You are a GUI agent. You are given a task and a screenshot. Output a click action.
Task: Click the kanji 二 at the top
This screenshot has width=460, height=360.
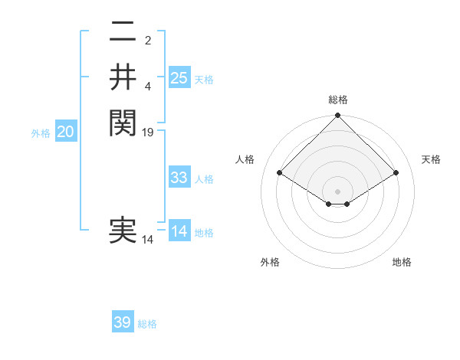point(123,32)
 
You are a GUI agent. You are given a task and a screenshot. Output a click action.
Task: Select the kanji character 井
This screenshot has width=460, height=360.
point(123,77)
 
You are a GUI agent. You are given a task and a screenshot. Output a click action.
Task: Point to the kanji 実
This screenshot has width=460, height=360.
point(123,231)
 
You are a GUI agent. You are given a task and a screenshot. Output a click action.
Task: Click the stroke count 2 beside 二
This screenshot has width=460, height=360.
point(148,41)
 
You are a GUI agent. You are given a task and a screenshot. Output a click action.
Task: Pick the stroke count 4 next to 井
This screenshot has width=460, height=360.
point(148,86)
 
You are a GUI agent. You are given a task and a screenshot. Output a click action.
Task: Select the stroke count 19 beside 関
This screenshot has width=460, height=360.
point(149,132)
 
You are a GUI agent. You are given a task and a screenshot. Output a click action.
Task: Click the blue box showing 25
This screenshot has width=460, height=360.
point(179,78)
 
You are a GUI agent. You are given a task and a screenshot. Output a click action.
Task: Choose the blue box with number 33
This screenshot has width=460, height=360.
point(179,178)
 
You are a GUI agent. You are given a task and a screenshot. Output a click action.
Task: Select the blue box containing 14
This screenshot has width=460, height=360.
point(179,231)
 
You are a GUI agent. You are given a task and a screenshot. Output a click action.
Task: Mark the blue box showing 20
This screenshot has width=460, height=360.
point(65,132)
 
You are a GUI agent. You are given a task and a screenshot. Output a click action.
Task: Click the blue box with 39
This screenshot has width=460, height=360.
point(123,322)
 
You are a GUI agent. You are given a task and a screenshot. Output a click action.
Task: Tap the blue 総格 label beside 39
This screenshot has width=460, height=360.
point(147,324)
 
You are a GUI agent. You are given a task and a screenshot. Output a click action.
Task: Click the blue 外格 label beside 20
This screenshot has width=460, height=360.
point(41,133)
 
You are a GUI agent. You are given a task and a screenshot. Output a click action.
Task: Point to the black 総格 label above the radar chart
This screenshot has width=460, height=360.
point(337,100)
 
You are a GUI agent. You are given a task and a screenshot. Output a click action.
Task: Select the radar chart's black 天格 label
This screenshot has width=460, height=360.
point(431,159)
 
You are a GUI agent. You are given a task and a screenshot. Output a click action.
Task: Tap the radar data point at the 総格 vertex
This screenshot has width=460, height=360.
point(337,116)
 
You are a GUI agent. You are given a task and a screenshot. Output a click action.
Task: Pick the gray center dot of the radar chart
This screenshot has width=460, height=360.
point(337,191)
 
